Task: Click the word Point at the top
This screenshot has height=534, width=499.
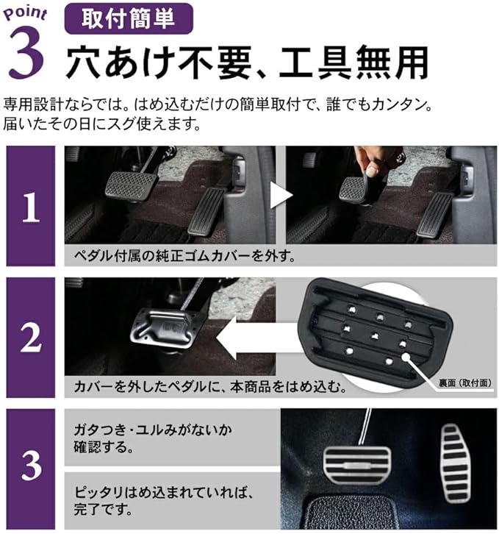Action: coord(25,14)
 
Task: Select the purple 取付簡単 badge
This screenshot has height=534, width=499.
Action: coord(129,18)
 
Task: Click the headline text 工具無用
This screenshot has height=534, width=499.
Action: coord(353,63)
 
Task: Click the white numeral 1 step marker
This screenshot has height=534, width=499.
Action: coord(31,207)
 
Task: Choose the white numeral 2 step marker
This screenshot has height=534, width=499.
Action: coord(31,336)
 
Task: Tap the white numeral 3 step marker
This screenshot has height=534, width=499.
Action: coord(31,464)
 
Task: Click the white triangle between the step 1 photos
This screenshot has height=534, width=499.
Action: coord(281,195)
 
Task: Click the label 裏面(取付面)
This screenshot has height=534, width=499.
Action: coord(465,383)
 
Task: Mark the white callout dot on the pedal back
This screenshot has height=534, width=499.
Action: coord(406,356)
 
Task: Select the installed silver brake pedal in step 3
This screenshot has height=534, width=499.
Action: coord(356,464)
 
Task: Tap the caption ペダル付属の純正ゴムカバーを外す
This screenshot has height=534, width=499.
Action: coord(184,255)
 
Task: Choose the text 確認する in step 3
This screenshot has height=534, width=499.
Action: coord(104,446)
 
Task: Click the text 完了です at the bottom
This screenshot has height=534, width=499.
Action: coord(103,508)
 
